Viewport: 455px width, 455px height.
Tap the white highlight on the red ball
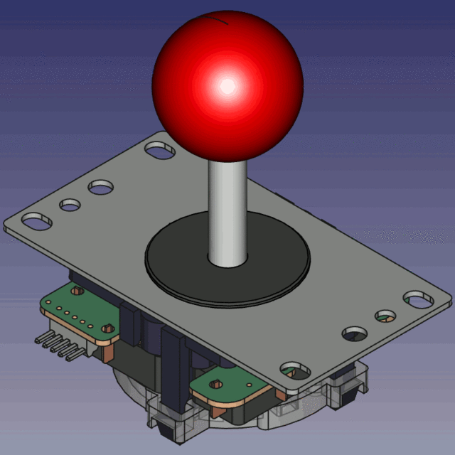pyautogui.click(x=227, y=86)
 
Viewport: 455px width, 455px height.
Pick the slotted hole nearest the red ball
pyautogui.click(x=160, y=150)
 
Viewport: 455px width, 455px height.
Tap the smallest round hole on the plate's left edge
pyautogui.click(x=70, y=205)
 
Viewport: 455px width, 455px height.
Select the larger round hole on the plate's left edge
pyautogui.click(x=101, y=188)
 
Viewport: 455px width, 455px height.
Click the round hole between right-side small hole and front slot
pyautogui.click(x=354, y=332)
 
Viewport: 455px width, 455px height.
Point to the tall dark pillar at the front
pyautogui.click(x=173, y=370)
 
